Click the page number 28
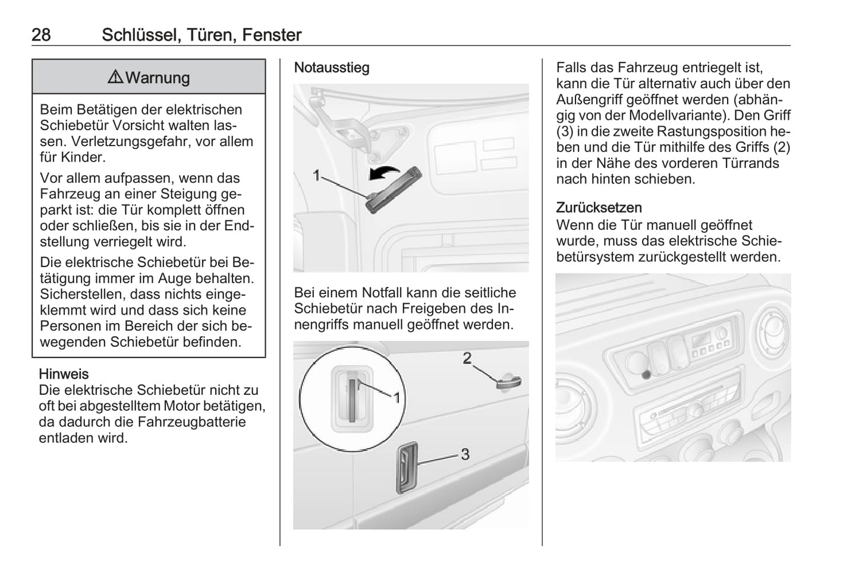[x=41, y=35]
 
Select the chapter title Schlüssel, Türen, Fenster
[x=202, y=35]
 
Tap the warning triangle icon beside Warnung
[x=115, y=77]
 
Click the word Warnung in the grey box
[x=158, y=78]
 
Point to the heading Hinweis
[x=64, y=374]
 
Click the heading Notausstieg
[x=332, y=68]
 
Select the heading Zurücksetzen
[x=599, y=208]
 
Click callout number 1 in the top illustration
[x=316, y=175]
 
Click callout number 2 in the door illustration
[x=467, y=358]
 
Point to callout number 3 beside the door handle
[x=465, y=454]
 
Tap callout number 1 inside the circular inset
[x=397, y=397]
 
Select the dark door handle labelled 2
[x=508, y=382]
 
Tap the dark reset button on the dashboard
[x=646, y=374]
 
